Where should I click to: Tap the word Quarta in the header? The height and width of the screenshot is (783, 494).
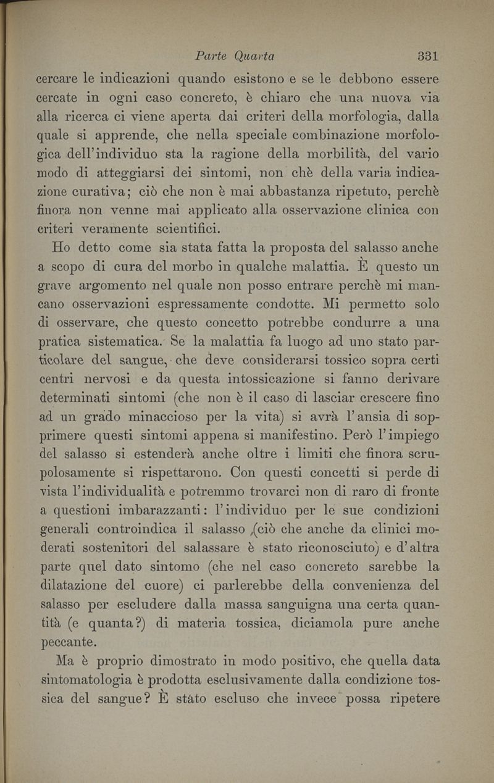[x=254, y=56]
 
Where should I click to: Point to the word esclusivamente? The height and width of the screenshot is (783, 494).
[x=270, y=680]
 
